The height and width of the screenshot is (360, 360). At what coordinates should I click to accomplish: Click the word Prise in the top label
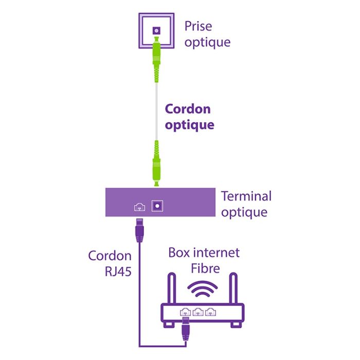point(198,26)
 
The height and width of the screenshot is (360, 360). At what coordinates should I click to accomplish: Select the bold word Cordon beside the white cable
point(188,109)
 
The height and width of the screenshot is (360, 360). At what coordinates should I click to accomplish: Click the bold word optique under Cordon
point(189,125)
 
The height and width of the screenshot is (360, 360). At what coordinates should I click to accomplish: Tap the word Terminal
point(246,196)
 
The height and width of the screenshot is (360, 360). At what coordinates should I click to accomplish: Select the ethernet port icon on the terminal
point(139,207)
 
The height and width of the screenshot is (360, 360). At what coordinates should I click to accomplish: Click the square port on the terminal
point(156,205)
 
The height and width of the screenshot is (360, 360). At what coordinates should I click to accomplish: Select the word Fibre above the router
point(205,268)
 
